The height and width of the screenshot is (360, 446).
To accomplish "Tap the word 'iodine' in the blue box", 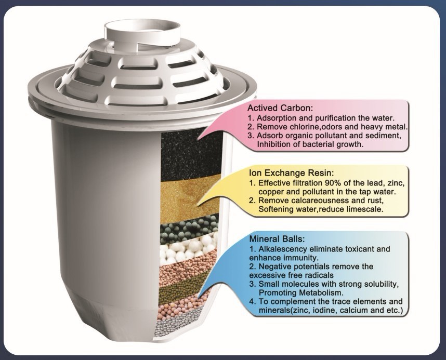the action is tap(325, 311).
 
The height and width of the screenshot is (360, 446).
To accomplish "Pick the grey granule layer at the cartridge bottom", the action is tap(182, 326).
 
